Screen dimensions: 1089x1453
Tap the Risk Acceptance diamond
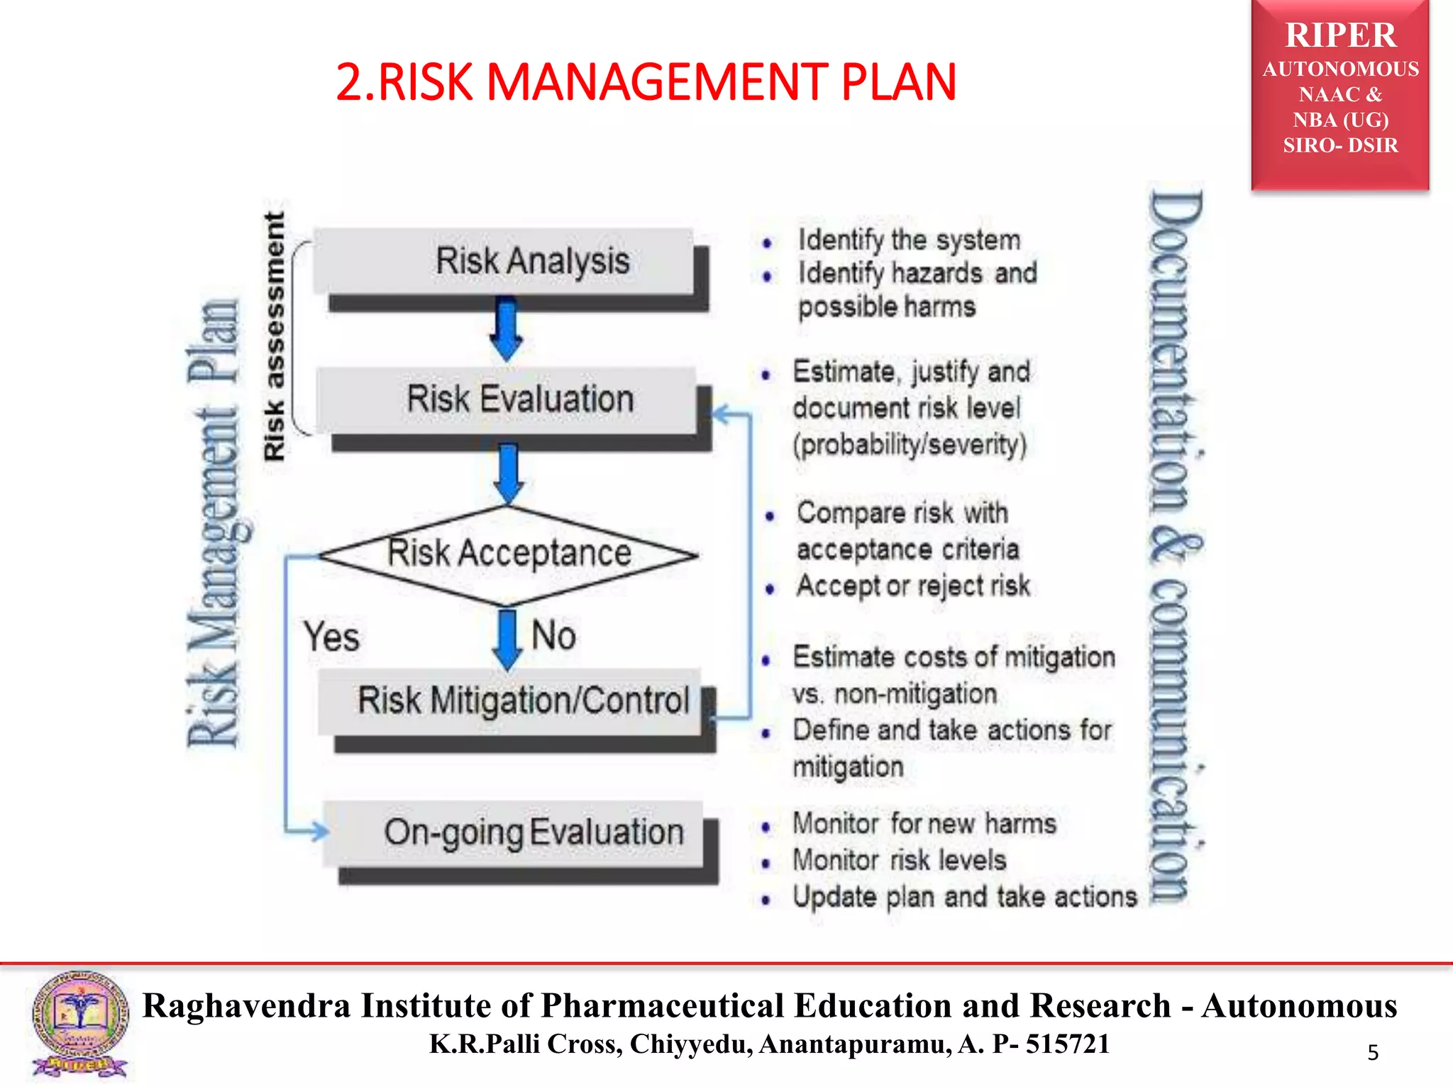pos(509,554)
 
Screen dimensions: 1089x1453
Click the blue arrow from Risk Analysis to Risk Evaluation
pos(507,330)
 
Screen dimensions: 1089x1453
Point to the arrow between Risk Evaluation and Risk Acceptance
pos(508,471)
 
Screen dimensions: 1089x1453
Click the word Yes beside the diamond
pos(331,636)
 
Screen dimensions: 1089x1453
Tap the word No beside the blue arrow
pos(553,635)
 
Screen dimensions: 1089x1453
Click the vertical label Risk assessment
pos(274,336)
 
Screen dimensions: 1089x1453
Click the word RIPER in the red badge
pos(1340,35)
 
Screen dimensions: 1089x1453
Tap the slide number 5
pos(1373,1052)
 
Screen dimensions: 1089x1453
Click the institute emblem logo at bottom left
pos(80,1024)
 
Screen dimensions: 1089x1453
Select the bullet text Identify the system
pos(909,240)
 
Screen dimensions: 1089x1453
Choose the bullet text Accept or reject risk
pos(912,586)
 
